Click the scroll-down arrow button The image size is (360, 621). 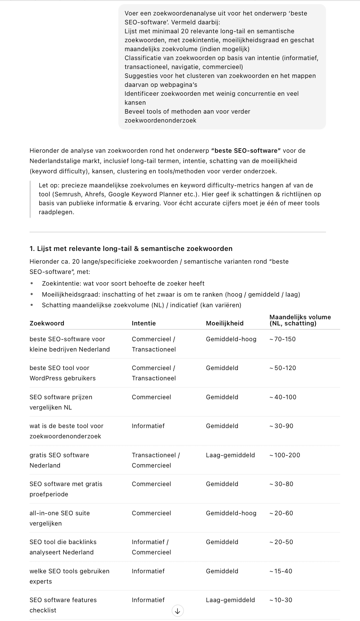click(177, 611)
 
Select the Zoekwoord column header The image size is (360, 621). click(47, 323)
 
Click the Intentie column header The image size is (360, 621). click(143, 323)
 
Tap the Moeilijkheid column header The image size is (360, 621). click(224, 323)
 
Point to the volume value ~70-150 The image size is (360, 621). click(282, 339)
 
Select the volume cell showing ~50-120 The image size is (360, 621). click(282, 368)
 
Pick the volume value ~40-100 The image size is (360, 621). click(282, 397)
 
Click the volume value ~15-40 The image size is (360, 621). click(281, 571)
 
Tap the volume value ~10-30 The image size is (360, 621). click(281, 600)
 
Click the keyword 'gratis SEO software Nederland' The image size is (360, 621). click(59, 460)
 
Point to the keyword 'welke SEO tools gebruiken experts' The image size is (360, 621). click(69, 576)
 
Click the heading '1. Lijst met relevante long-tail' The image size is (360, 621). click(131, 249)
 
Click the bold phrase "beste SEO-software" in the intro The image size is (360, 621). click(246, 151)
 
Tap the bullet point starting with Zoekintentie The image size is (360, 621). click(123, 284)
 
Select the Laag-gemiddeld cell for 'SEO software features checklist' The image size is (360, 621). click(230, 600)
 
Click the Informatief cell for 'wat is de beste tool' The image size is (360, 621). click(148, 426)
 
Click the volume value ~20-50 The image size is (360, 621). click(281, 542)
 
